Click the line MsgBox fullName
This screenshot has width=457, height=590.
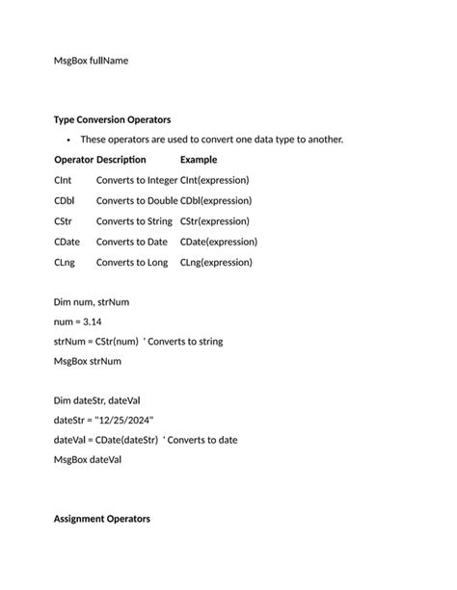coord(91,61)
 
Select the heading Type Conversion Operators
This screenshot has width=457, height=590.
coord(113,119)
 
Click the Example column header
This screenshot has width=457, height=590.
coord(199,160)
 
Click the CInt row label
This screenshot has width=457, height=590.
coord(64,180)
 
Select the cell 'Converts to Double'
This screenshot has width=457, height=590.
coord(137,201)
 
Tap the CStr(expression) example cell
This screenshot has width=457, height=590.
coord(214,221)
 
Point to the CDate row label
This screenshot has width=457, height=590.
coord(67,242)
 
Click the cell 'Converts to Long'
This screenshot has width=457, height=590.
coord(132,262)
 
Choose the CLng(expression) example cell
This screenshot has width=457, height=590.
coord(216,262)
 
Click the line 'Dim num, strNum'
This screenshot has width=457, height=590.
coord(92,302)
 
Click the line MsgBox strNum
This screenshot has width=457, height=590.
coord(89,362)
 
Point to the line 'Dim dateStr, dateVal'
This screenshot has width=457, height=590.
coord(98,399)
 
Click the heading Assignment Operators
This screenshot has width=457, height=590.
coord(102,519)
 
